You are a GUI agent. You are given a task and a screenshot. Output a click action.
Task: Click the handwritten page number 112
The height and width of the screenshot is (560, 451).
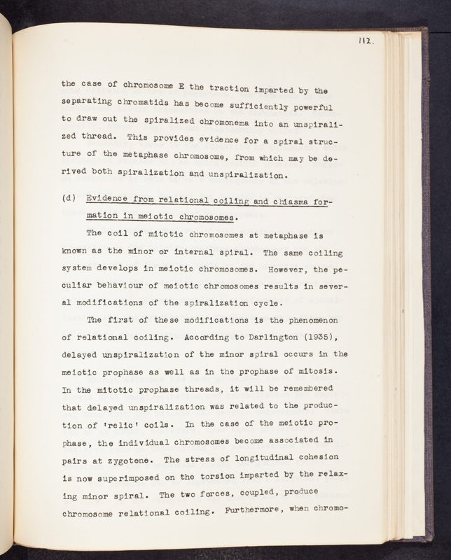pyautogui.click(x=366, y=41)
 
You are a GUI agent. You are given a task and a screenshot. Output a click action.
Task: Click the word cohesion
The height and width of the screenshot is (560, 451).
pyautogui.click(x=314, y=458)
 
